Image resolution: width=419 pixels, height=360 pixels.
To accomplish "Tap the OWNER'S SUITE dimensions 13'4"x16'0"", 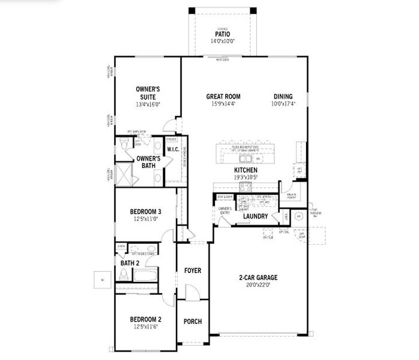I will click(147, 104).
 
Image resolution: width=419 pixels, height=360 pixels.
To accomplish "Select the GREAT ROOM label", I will click(223, 96).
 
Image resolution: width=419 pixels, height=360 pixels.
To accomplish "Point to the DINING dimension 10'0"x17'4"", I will click(283, 104).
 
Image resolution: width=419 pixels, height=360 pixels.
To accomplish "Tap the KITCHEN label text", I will click(246, 170).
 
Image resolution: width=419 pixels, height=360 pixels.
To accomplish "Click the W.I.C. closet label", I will click(173, 149).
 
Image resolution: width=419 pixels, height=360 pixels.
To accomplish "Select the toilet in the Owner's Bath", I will click(124, 143).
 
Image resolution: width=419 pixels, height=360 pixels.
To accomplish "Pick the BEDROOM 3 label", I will click(145, 211).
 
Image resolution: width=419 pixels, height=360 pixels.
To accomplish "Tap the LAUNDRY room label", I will click(255, 216).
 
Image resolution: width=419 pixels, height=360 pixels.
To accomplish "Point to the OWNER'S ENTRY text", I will click(225, 210).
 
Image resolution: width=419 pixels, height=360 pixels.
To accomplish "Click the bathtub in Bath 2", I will click(145, 275).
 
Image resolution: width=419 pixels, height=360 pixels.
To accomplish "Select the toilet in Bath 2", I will click(124, 274).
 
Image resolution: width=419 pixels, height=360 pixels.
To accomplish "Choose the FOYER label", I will click(192, 270).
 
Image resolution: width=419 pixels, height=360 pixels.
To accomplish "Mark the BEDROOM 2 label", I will click(145, 319).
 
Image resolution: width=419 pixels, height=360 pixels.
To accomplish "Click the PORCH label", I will click(192, 322).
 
